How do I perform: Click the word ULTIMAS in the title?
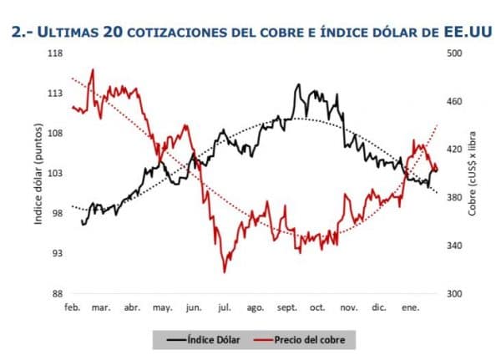point(68,32)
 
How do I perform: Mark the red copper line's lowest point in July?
point(224,271)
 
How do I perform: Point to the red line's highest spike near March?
point(92,70)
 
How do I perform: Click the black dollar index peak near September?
point(297,85)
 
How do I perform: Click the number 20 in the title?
point(116,32)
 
